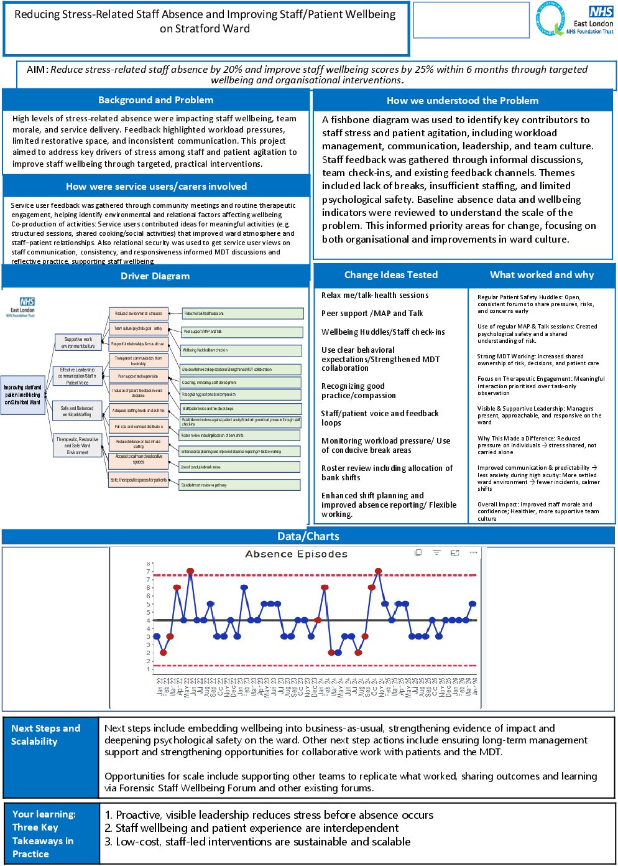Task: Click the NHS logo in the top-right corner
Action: [x=601, y=11]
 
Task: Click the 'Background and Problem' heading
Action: [x=155, y=100]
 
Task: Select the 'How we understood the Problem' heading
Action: [x=463, y=101]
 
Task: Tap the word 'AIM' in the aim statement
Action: [x=36, y=70]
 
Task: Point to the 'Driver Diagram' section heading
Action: [x=155, y=276]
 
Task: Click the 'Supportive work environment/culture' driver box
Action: [x=78, y=343]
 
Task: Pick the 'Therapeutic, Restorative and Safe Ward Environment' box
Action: [x=77, y=445]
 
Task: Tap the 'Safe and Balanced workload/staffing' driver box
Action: [x=76, y=411]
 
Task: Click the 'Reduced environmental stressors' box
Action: [x=138, y=314]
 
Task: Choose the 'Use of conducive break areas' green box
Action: [x=239, y=467]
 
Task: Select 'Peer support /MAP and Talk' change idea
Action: [x=372, y=314]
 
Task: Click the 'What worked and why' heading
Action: [x=542, y=275]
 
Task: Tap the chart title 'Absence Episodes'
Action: [x=296, y=554]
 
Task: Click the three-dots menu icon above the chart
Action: [x=473, y=552]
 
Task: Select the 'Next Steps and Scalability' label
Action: [x=45, y=735]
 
